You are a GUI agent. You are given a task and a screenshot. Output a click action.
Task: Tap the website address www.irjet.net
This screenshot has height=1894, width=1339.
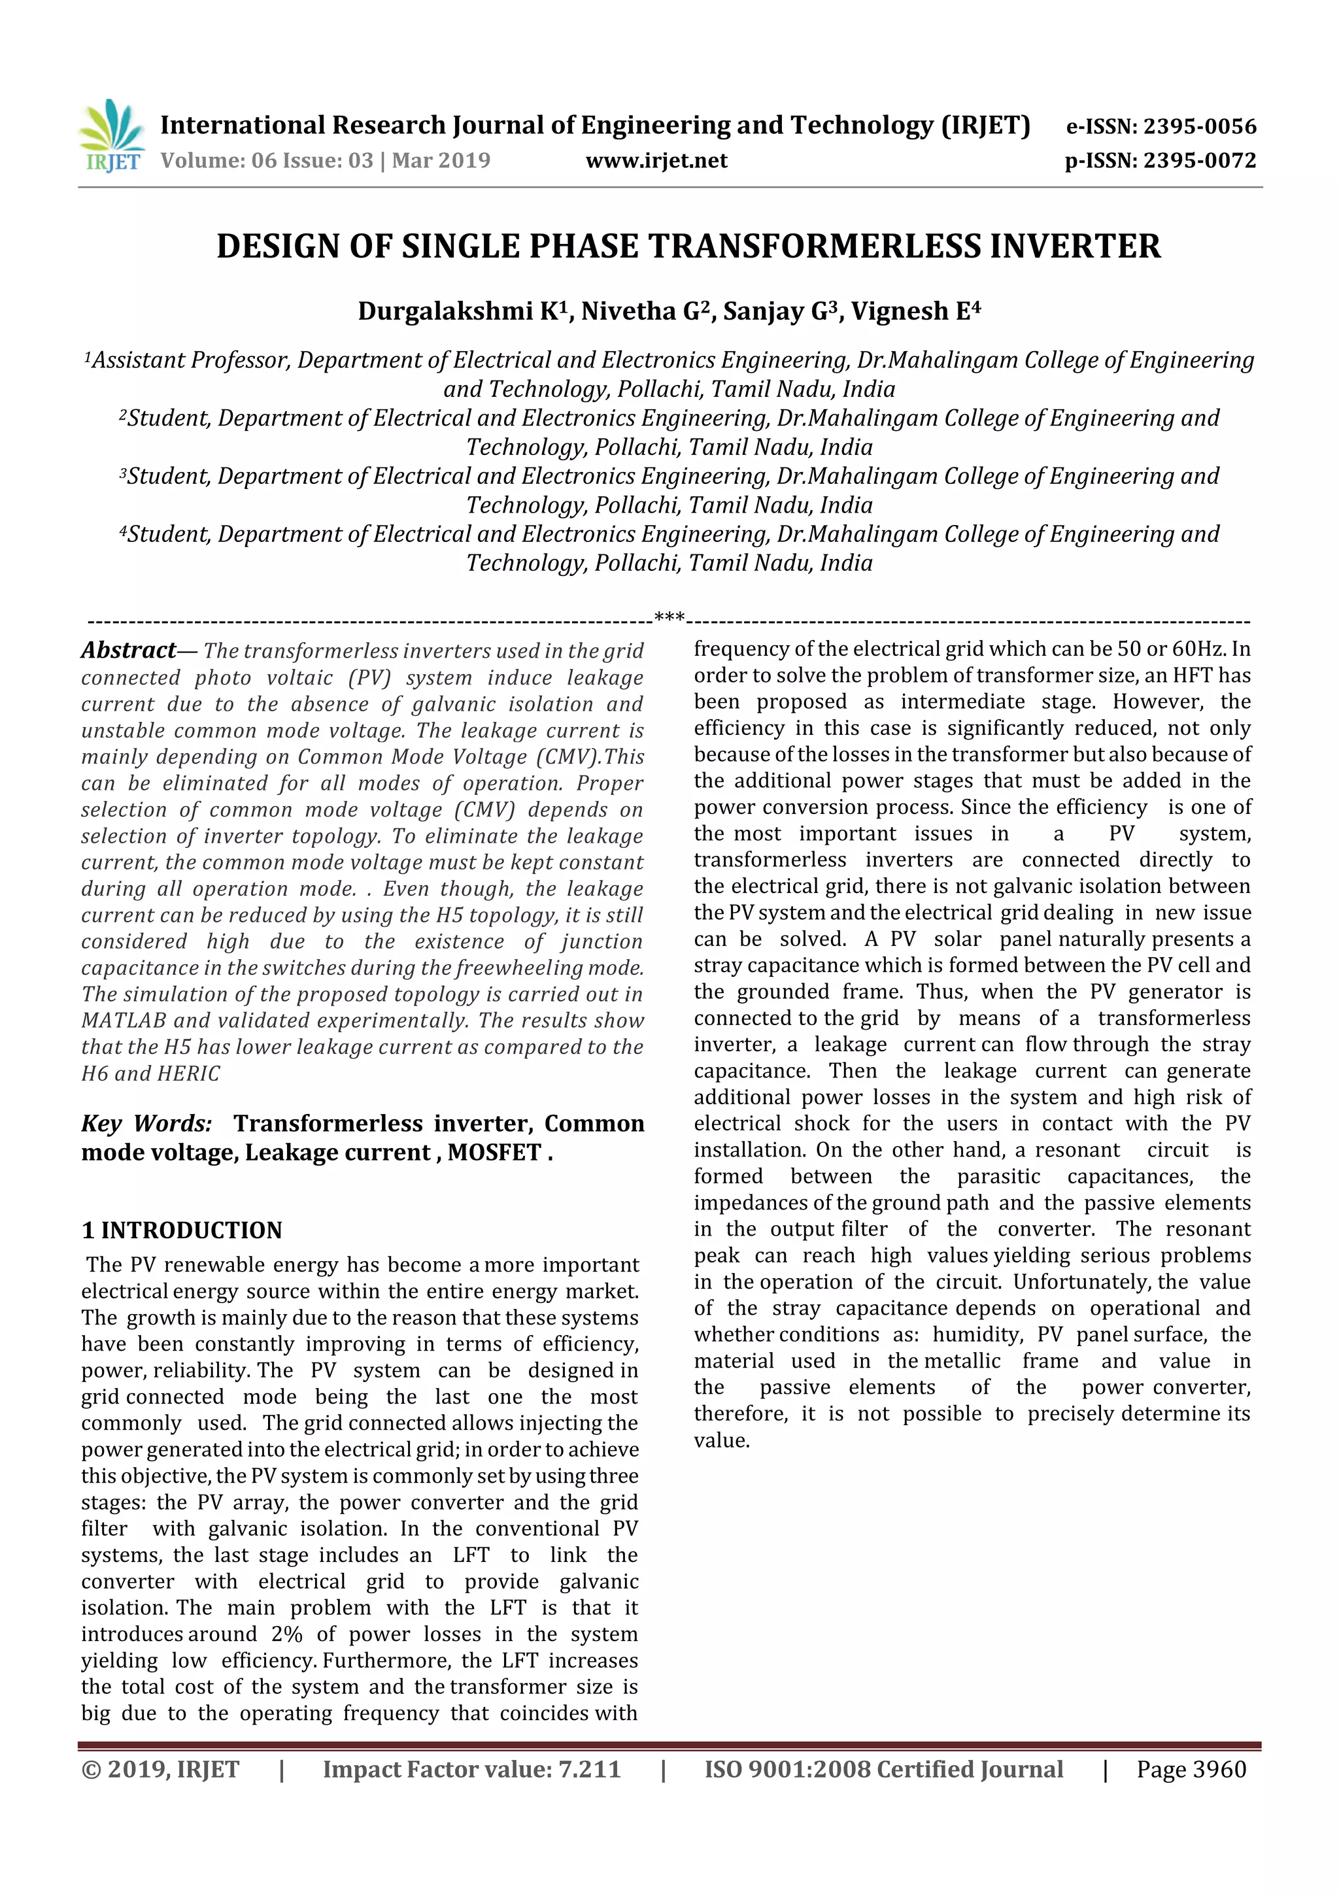pos(656,161)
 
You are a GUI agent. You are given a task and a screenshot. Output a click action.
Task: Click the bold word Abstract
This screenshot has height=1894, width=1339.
pos(128,651)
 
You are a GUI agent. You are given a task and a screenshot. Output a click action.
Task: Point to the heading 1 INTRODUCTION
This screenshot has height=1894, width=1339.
pos(182,1231)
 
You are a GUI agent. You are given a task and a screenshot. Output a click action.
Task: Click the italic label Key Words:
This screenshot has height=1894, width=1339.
pos(146,1124)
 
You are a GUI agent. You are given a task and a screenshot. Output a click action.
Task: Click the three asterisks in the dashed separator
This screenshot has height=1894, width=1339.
pos(669,617)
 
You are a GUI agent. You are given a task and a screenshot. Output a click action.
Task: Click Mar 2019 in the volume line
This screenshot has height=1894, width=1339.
pos(441,161)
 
